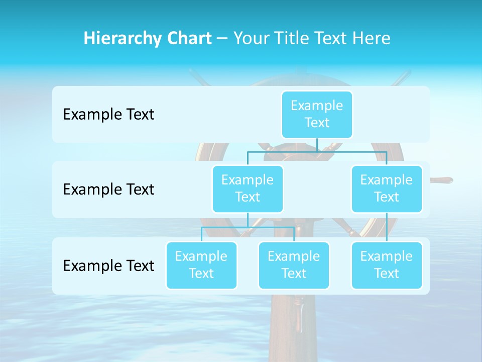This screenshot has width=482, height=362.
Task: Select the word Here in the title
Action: (x=371, y=39)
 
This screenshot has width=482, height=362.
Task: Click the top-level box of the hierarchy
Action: (x=317, y=114)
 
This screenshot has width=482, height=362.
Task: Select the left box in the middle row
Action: (x=248, y=189)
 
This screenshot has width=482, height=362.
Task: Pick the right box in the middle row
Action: (x=387, y=189)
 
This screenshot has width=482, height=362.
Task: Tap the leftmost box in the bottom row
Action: (x=201, y=265)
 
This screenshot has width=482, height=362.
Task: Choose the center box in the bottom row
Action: (x=294, y=265)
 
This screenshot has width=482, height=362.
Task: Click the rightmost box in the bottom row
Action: (x=387, y=265)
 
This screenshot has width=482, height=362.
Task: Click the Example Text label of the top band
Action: (x=108, y=115)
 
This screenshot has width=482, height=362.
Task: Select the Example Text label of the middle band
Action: (x=108, y=190)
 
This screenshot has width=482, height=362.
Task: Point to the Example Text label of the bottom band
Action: (x=108, y=265)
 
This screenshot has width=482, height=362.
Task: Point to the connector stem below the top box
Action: (x=317, y=145)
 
